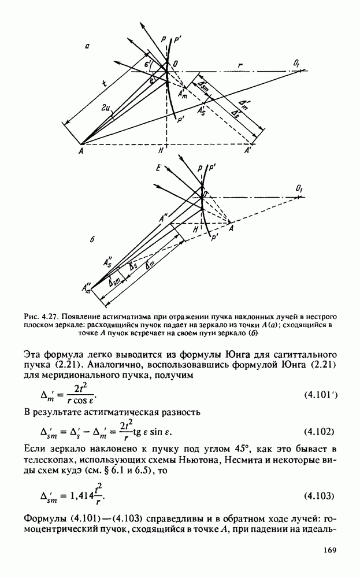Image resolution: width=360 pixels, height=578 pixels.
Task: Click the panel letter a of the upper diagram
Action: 86,51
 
